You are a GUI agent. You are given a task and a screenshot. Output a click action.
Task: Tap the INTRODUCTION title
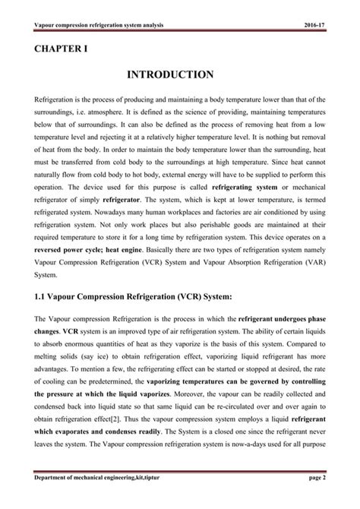click(179, 75)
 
